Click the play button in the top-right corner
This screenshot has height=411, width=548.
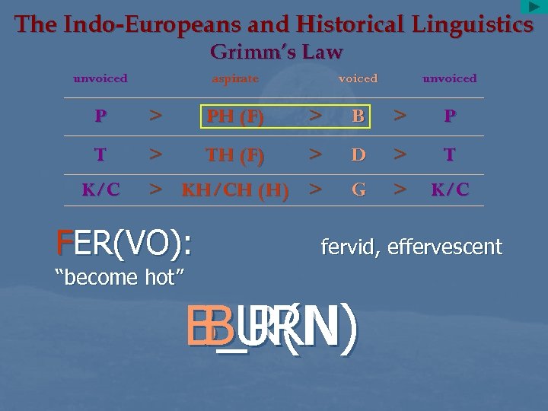click(534, 8)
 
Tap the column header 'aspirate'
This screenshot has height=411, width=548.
click(235, 78)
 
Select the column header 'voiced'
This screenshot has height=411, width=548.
click(358, 78)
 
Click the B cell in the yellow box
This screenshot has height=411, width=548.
click(358, 117)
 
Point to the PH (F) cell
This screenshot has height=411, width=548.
click(235, 117)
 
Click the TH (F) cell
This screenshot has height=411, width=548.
click(235, 155)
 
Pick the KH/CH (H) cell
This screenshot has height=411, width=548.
click(235, 191)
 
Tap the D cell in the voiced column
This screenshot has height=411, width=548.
click(358, 155)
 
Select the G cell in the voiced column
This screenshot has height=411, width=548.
click(358, 190)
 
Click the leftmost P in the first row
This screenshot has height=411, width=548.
click(100, 117)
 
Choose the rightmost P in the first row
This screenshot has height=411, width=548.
click(450, 117)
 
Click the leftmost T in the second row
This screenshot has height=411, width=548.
click(100, 155)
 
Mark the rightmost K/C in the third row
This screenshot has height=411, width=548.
click(450, 190)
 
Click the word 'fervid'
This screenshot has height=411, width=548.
click(350, 247)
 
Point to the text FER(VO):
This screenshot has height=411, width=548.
click(124, 244)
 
